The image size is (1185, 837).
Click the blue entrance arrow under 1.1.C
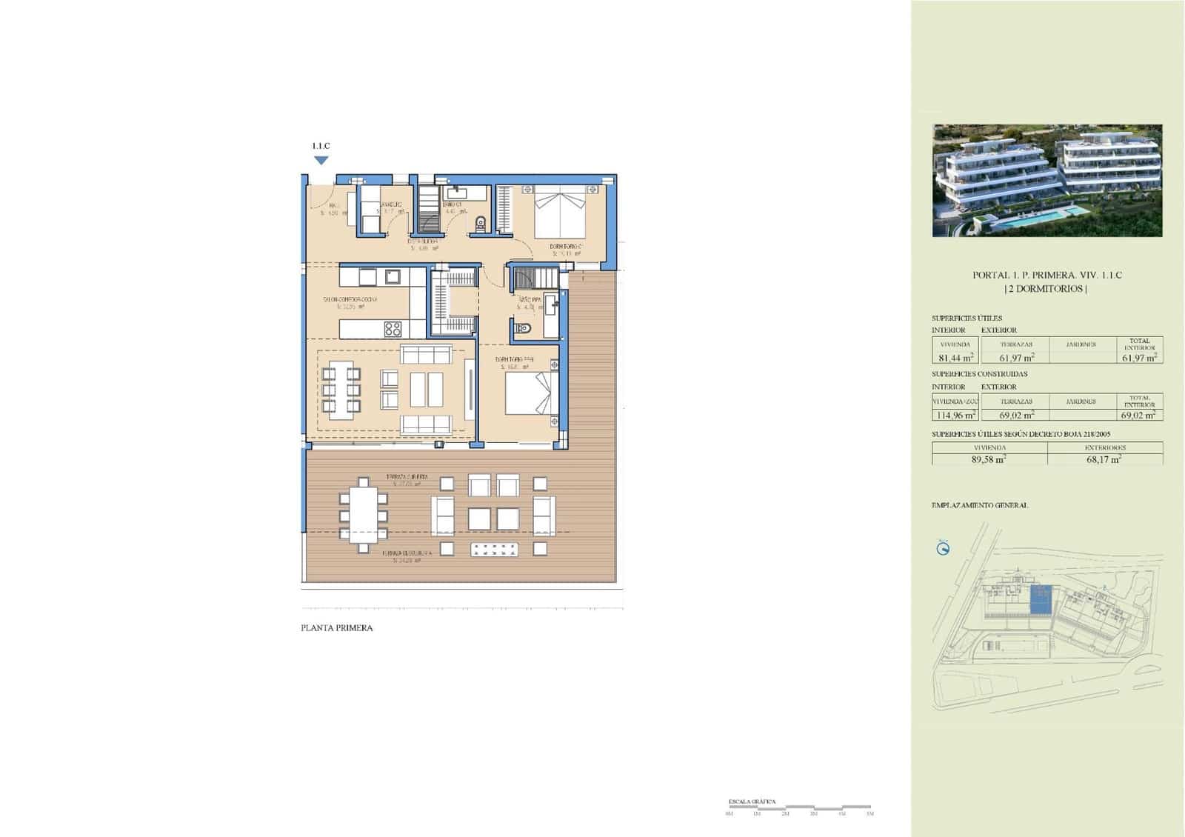pos(321,160)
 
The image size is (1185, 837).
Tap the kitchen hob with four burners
pos(393,328)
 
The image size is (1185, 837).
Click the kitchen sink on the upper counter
pos(393,277)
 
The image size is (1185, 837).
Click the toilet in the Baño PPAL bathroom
pos(524,328)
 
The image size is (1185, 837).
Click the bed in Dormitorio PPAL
pos(531,393)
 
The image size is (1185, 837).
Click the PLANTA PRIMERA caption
pos(337,628)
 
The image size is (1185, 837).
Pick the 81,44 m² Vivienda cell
pos(955,357)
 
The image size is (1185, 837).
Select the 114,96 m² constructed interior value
pos(955,415)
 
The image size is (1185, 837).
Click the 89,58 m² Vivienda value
pos(989,459)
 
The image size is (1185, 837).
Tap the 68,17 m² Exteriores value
pos(1104,459)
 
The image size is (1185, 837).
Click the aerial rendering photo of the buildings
pos(1047,180)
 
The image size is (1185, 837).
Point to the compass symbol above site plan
pos(943,549)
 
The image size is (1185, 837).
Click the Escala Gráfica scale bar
pos(800,807)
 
